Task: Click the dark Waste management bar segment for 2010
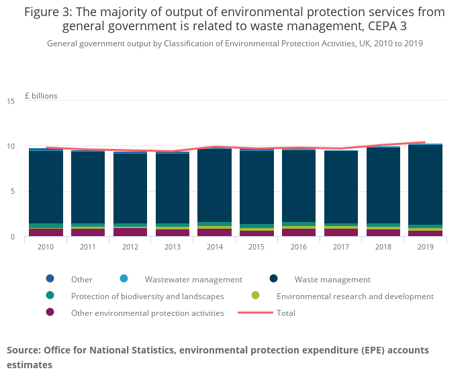click(x=46, y=188)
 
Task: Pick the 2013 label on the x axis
click(x=173, y=247)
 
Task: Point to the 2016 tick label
click(x=299, y=247)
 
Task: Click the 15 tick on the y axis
click(x=11, y=101)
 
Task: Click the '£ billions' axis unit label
click(x=41, y=96)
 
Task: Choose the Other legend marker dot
click(x=50, y=279)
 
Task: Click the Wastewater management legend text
click(x=193, y=280)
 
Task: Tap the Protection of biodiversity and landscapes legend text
click(x=148, y=296)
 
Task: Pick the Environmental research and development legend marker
click(x=255, y=296)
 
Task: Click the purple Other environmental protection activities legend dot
click(x=50, y=313)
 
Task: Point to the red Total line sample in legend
click(x=255, y=313)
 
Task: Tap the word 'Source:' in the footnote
click(x=23, y=350)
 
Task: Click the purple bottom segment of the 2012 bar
click(x=130, y=232)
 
